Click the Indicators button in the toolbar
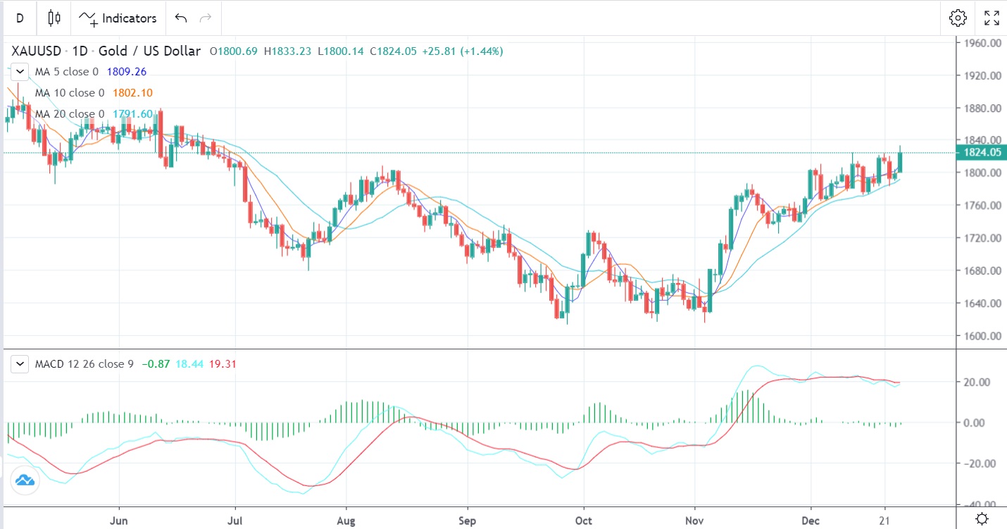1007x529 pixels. tap(118, 18)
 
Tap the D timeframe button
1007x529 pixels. tap(20, 18)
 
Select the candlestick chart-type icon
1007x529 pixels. tap(54, 18)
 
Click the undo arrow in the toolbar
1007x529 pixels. tap(181, 18)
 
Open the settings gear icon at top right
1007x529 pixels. tap(957, 18)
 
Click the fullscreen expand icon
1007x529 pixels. tap(992, 18)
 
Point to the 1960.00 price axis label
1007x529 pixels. tap(982, 43)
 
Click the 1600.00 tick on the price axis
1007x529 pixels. tap(982, 336)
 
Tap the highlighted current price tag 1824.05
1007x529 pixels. tap(981, 152)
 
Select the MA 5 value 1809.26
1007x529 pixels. tap(126, 72)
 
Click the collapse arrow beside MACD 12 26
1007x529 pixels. tap(21, 364)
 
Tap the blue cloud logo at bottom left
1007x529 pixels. tap(25, 480)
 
